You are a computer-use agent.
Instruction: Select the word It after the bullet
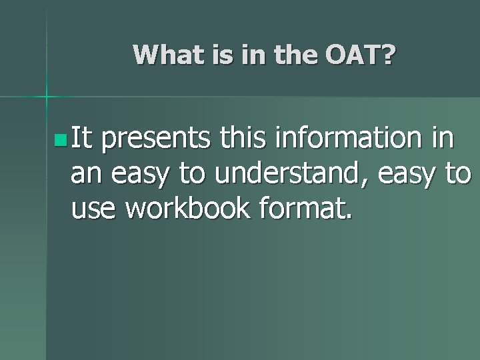click(83, 139)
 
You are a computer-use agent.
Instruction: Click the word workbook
click(187, 210)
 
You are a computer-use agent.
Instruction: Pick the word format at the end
click(307, 210)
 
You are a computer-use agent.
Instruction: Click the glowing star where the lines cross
click(47, 97)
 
